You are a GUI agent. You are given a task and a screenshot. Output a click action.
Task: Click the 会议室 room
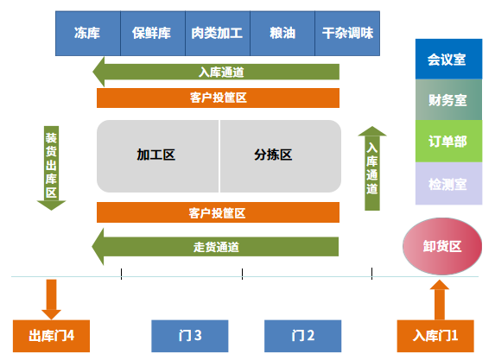tap(447, 60)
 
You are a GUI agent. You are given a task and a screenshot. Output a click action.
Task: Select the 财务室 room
tap(447, 100)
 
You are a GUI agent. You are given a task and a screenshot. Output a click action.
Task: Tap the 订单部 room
tap(447, 142)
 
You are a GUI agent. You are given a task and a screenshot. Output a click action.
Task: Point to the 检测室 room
tap(447, 183)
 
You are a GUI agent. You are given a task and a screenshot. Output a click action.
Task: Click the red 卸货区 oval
tap(441, 245)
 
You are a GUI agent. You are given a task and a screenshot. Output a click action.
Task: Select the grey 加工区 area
tap(157, 156)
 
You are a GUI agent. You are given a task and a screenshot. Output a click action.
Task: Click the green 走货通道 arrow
tap(216, 247)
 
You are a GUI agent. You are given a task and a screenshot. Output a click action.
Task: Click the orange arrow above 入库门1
tap(440, 299)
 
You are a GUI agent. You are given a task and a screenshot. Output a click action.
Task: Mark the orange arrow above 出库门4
tap(51, 299)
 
